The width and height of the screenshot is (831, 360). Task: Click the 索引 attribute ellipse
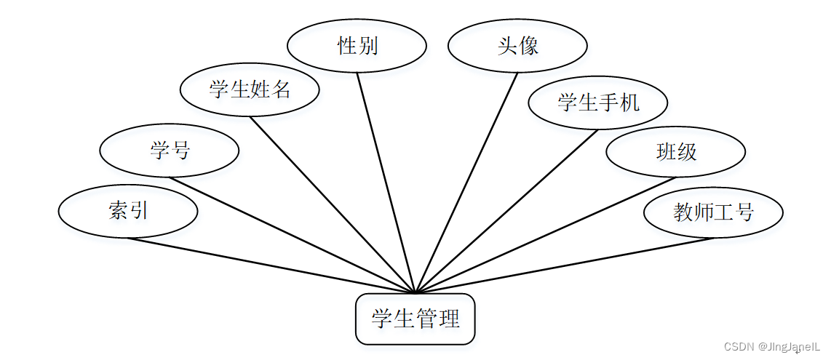[128, 212]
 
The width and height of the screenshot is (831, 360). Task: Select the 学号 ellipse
[170, 151]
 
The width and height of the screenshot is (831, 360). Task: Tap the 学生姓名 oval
[250, 90]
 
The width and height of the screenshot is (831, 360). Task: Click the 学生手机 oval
[598, 103]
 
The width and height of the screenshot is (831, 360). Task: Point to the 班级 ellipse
[676, 151]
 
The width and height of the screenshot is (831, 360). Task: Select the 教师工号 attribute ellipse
[713, 212]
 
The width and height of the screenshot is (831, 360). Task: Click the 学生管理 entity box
[415, 319]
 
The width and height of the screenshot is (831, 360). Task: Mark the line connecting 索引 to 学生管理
[271, 265]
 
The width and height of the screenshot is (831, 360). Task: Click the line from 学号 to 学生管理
[291, 235]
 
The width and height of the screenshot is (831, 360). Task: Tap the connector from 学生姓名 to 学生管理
[332, 204]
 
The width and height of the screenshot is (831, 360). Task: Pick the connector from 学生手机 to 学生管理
[506, 211]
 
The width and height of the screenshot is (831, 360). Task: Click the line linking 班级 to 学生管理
[546, 235]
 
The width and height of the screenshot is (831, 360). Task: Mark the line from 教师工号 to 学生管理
[564, 265]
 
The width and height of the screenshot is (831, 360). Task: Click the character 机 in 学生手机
[630, 103]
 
